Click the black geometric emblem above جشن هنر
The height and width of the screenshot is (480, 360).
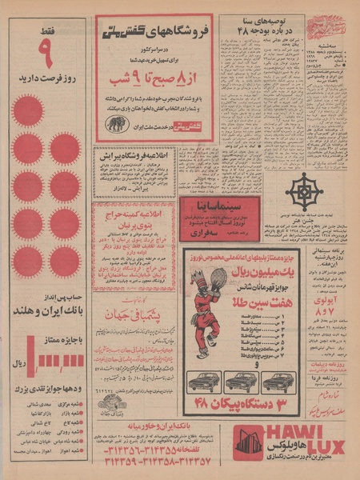click(305, 191)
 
